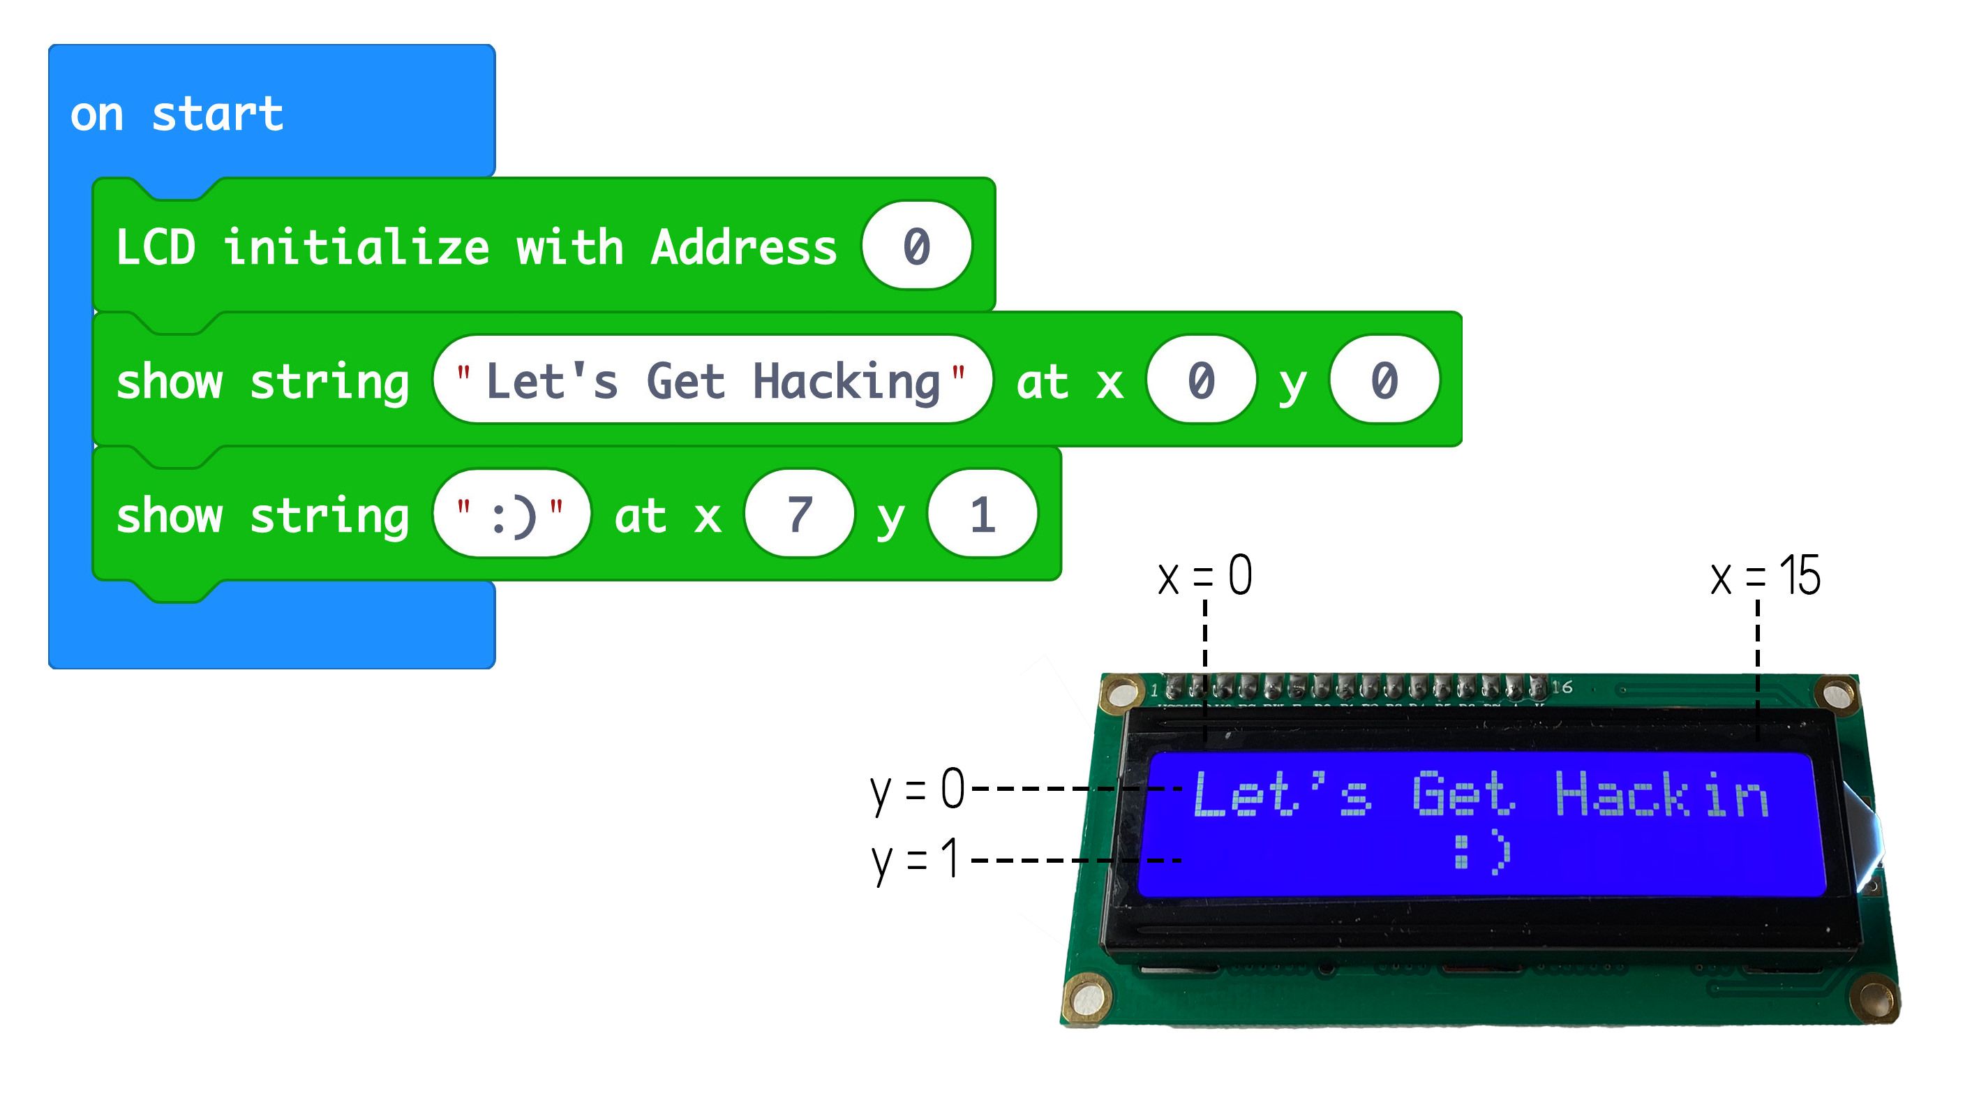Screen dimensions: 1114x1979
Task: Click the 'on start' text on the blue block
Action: (177, 115)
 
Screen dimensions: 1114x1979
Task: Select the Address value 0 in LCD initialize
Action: (916, 246)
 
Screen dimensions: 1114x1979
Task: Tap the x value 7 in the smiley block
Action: (800, 514)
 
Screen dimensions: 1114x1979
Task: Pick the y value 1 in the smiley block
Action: (983, 514)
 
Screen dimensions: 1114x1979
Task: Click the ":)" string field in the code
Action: (511, 514)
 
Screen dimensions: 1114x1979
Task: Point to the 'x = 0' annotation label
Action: (1204, 577)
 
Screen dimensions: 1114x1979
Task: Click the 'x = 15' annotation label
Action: (1765, 577)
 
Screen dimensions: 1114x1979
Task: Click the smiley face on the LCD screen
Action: (1483, 852)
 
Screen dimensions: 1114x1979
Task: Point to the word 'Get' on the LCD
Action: (1463, 794)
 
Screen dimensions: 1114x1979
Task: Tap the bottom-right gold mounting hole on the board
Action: (1874, 997)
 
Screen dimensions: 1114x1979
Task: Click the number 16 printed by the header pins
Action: (1561, 687)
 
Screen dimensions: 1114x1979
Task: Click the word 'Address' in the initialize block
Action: (744, 247)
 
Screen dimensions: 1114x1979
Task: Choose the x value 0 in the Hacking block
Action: (1201, 380)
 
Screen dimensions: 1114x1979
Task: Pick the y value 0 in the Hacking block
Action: (1384, 380)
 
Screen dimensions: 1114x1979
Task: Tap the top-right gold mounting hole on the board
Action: (1837, 695)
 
